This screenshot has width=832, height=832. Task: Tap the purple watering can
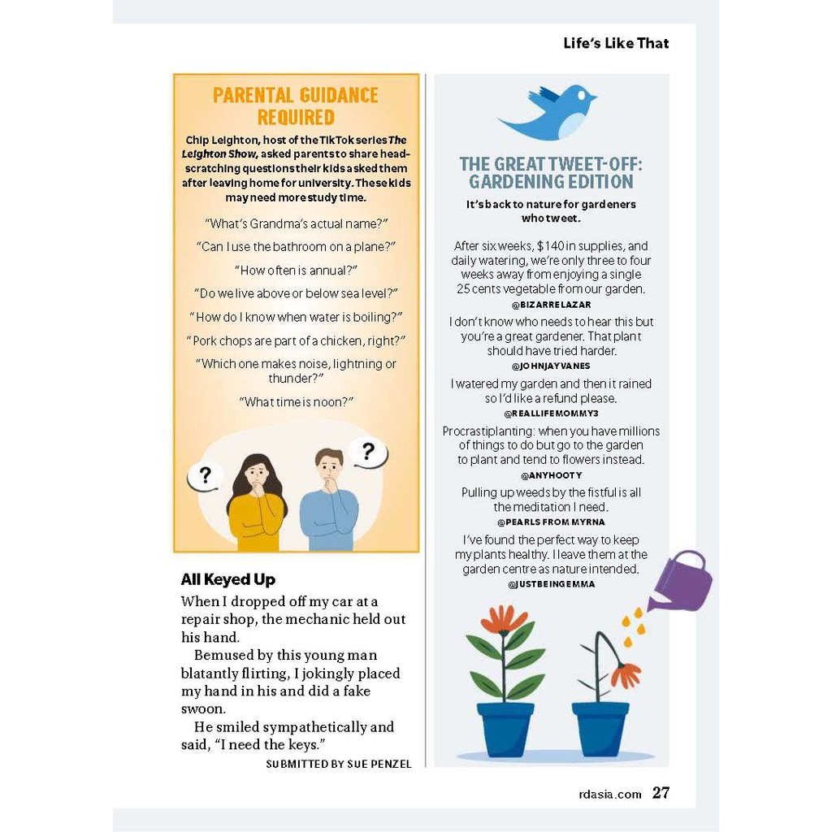[x=683, y=582]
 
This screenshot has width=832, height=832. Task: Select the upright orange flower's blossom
[x=504, y=619]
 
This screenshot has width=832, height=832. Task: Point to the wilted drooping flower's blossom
[x=626, y=675]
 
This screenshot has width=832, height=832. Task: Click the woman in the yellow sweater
[x=256, y=504]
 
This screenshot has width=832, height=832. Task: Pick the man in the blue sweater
[x=328, y=500]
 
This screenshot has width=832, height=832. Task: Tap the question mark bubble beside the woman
[x=205, y=476]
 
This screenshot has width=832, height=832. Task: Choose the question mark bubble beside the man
[x=367, y=452]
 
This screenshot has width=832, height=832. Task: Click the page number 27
[x=661, y=793]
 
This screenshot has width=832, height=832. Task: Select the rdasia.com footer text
[x=604, y=794]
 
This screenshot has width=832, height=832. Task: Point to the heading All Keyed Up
[x=228, y=579]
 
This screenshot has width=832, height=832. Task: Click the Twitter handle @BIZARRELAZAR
[x=552, y=305]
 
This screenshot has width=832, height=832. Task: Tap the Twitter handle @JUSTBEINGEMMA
[x=552, y=584]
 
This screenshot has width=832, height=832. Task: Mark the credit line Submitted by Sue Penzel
[x=339, y=764]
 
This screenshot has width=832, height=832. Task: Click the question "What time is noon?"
[x=297, y=402]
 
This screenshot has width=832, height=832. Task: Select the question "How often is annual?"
[x=297, y=270]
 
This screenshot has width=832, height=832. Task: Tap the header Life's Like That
[x=616, y=43]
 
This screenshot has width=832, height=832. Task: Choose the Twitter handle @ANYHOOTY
[x=552, y=475]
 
